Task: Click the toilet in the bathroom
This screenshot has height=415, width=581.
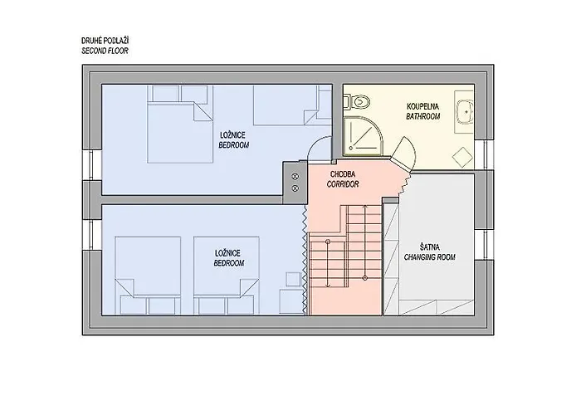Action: click(x=359, y=101)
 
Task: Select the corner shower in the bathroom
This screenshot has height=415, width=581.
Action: click(x=364, y=136)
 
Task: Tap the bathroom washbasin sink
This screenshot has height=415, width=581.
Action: click(x=465, y=111)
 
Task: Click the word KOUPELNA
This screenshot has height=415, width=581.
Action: click(x=422, y=107)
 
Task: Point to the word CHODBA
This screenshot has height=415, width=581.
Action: click(x=343, y=174)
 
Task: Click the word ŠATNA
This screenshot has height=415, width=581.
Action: click(x=430, y=247)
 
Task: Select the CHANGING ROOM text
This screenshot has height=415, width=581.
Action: click(x=430, y=257)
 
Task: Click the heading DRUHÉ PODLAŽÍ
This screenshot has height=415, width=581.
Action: click(x=105, y=41)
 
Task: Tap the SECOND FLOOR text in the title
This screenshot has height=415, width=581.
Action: click(x=105, y=51)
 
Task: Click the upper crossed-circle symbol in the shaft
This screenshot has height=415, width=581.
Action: click(x=295, y=176)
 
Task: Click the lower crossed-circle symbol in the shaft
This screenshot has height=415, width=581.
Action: click(x=295, y=188)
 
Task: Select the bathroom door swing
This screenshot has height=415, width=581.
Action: click(x=404, y=153)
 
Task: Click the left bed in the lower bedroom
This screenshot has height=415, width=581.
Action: click(x=148, y=276)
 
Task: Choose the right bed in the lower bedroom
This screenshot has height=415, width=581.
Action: click(x=227, y=276)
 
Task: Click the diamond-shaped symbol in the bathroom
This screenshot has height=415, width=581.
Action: click(x=462, y=158)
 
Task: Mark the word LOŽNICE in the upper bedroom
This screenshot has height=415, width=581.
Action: click(x=232, y=135)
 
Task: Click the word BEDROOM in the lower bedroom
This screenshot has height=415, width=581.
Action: click(x=229, y=263)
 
